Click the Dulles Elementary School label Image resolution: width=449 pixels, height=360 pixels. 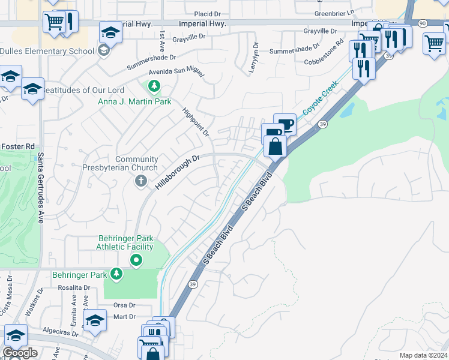(x=47, y=51)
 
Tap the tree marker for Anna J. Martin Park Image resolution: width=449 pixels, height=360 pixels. (x=154, y=87)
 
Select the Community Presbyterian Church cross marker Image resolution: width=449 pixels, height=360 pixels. (x=140, y=181)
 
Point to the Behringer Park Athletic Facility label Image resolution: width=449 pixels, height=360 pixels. (x=125, y=242)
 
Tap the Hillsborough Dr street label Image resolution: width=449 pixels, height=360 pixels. (x=177, y=173)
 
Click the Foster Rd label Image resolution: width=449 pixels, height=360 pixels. (x=17, y=145)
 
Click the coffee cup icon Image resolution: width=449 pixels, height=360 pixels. (x=286, y=124)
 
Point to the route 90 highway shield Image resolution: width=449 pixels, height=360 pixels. (x=423, y=23)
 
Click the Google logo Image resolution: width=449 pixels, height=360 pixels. (x=20, y=353)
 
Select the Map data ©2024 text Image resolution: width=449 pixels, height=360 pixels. (x=423, y=355)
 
